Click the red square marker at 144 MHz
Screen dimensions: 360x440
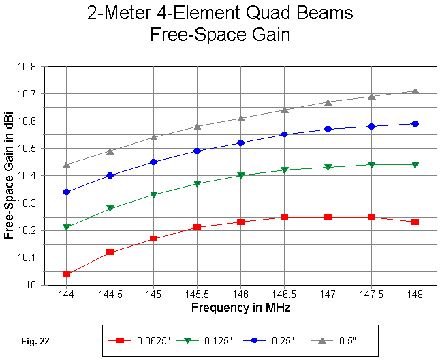[66, 274]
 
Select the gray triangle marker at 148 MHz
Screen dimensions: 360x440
[415, 91]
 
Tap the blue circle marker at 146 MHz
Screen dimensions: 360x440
[240, 142]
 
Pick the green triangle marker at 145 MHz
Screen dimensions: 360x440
[153, 195]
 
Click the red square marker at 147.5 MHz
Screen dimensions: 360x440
[371, 217]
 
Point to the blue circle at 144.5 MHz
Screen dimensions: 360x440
[110, 175]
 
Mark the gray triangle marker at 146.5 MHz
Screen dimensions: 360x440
[284, 110]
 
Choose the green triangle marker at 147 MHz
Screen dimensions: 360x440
[328, 167]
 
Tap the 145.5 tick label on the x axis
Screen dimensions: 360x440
[197, 295]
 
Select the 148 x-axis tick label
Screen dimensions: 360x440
[415, 295]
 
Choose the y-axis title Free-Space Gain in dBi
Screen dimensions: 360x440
[9, 176]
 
